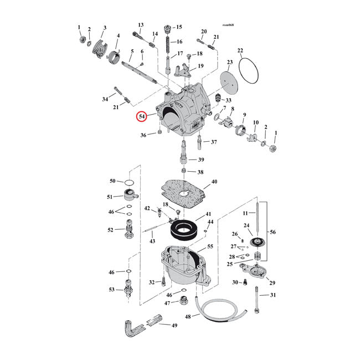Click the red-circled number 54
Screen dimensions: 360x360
click(x=143, y=117)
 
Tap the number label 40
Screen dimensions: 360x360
click(x=214, y=182)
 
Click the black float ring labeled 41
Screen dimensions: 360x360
click(x=182, y=227)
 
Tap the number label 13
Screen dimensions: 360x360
click(x=141, y=25)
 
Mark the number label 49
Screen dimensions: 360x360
click(x=174, y=325)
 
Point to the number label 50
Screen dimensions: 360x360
click(x=112, y=181)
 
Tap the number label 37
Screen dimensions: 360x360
click(x=214, y=142)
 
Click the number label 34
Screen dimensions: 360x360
click(x=105, y=99)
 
